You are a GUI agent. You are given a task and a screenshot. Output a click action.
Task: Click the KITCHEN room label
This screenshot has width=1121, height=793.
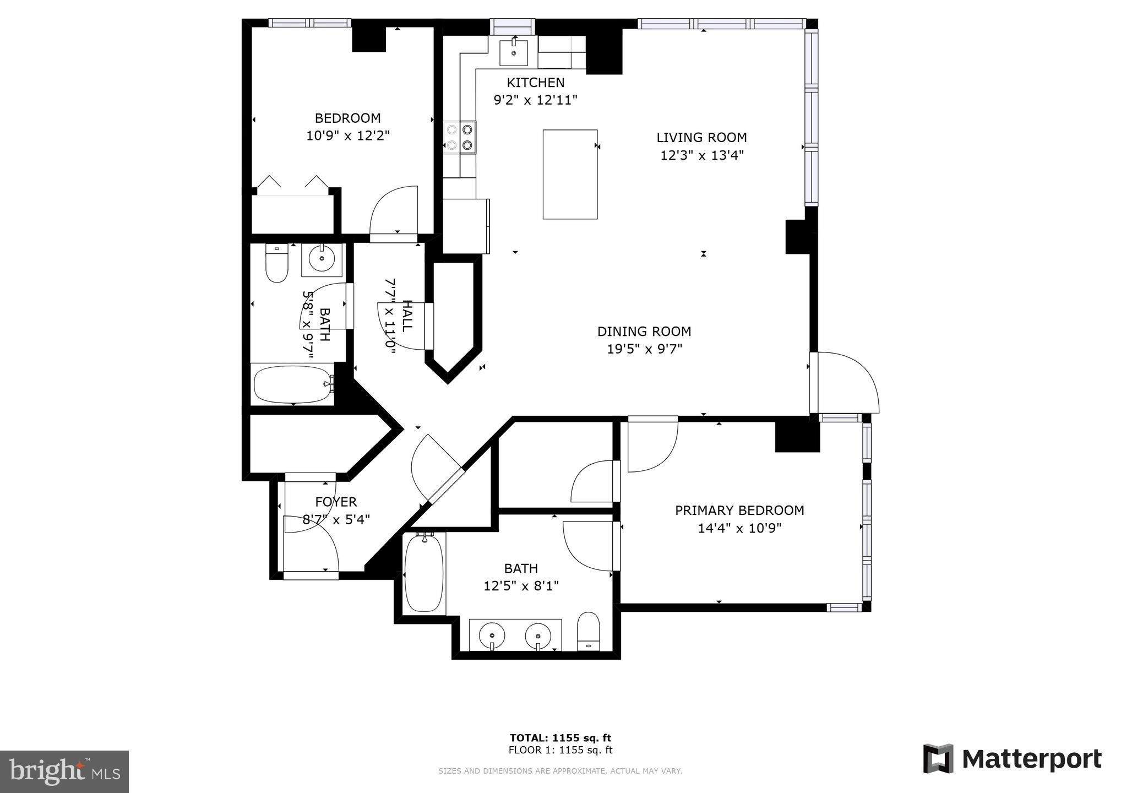tap(536, 83)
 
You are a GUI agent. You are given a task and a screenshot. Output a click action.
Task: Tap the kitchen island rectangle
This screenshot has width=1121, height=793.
tap(570, 175)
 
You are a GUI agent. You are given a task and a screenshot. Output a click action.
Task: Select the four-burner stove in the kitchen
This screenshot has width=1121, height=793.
tap(460, 137)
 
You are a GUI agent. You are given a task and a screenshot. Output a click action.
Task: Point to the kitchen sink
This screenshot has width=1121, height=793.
tap(514, 52)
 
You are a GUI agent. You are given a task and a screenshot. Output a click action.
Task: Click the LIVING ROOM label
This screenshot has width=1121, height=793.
tap(701, 137)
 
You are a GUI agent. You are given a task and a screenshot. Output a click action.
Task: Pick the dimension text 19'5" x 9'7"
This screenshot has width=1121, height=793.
tap(644, 349)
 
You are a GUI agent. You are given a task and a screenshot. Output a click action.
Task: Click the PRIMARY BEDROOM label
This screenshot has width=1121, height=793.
tap(739, 510)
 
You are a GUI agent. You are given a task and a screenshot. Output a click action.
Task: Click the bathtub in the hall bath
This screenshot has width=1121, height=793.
tap(293, 384)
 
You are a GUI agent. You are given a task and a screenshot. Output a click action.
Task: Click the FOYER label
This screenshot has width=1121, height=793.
tap(336, 502)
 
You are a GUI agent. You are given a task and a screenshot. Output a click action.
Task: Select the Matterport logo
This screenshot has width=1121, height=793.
tap(1013, 759)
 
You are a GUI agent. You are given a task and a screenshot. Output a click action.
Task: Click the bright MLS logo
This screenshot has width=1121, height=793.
tap(64, 772)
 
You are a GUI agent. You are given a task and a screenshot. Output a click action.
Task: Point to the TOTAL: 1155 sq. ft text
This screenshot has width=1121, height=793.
tap(560, 738)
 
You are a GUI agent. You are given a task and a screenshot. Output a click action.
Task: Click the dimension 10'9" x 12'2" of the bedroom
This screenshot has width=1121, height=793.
tap(348, 135)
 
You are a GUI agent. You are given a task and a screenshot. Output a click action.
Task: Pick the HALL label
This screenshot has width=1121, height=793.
tap(407, 316)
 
